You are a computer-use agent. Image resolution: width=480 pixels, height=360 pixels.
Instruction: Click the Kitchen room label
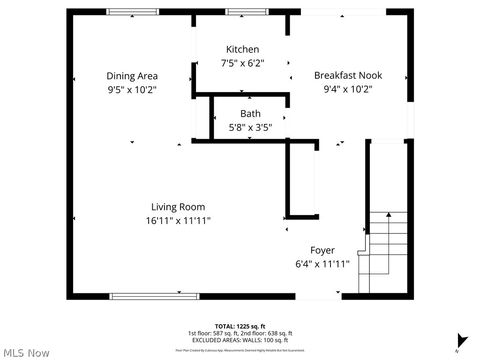tap(242, 50)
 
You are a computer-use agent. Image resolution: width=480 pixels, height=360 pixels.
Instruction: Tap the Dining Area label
tap(132, 76)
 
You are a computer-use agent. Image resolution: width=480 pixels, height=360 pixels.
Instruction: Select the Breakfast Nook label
tap(347, 76)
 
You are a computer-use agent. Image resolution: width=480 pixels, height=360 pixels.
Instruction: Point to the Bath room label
tap(250, 114)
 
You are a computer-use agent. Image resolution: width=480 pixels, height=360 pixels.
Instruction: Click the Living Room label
tap(178, 207)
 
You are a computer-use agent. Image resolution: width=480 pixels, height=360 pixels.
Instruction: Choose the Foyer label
tap(322, 250)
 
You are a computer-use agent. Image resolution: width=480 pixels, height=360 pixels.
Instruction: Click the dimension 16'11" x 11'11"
tap(178, 221)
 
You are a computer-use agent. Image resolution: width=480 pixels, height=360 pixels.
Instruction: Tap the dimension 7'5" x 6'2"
tap(242, 63)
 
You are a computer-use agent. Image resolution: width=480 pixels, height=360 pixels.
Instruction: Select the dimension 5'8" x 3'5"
tap(250, 127)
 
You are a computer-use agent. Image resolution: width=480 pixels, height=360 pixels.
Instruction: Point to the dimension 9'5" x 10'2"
tap(132, 89)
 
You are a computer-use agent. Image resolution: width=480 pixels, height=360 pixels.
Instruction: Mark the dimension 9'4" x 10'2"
tap(347, 89)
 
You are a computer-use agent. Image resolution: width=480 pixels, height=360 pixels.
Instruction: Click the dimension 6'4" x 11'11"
tap(322, 264)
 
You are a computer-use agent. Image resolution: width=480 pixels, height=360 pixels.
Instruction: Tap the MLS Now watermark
tap(26, 352)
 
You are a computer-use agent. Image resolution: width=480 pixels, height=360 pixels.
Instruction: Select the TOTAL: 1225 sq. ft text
tap(240, 326)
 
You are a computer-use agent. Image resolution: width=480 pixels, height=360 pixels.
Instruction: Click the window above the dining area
tap(132, 12)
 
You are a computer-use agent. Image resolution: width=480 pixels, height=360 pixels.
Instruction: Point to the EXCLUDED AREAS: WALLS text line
tap(240, 340)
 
